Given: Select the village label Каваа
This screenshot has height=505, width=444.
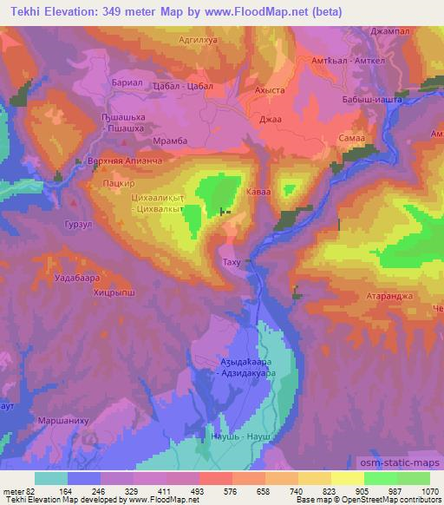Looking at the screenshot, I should tap(260, 192).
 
